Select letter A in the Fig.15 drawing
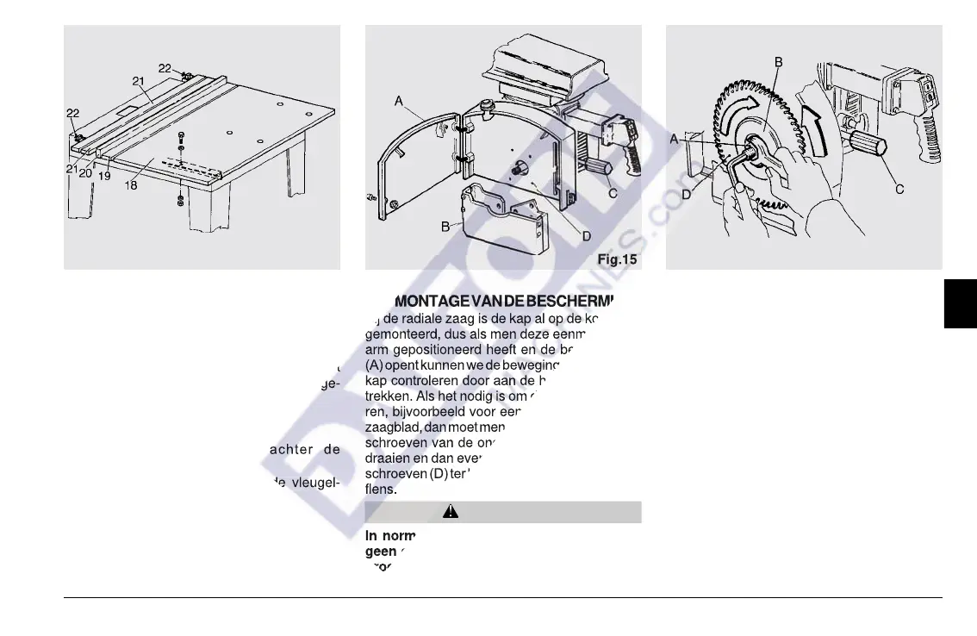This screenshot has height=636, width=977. (399, 101)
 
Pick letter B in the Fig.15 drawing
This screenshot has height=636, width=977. (445, 227)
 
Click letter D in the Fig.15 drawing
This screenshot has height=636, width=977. (586, 236)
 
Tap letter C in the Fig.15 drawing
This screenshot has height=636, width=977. (613, 194)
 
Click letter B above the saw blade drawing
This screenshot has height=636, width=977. (778, 62)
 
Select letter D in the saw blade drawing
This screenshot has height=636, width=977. (686, 195)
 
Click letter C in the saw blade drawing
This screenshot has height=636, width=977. (899, 189)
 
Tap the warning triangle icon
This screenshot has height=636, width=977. (450, 512)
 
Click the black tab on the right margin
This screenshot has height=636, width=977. (960, 302)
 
